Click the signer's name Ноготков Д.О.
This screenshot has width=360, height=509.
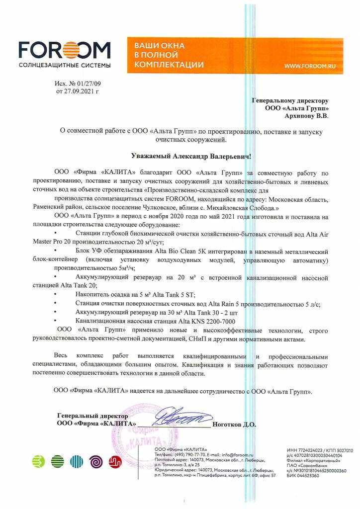234,424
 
